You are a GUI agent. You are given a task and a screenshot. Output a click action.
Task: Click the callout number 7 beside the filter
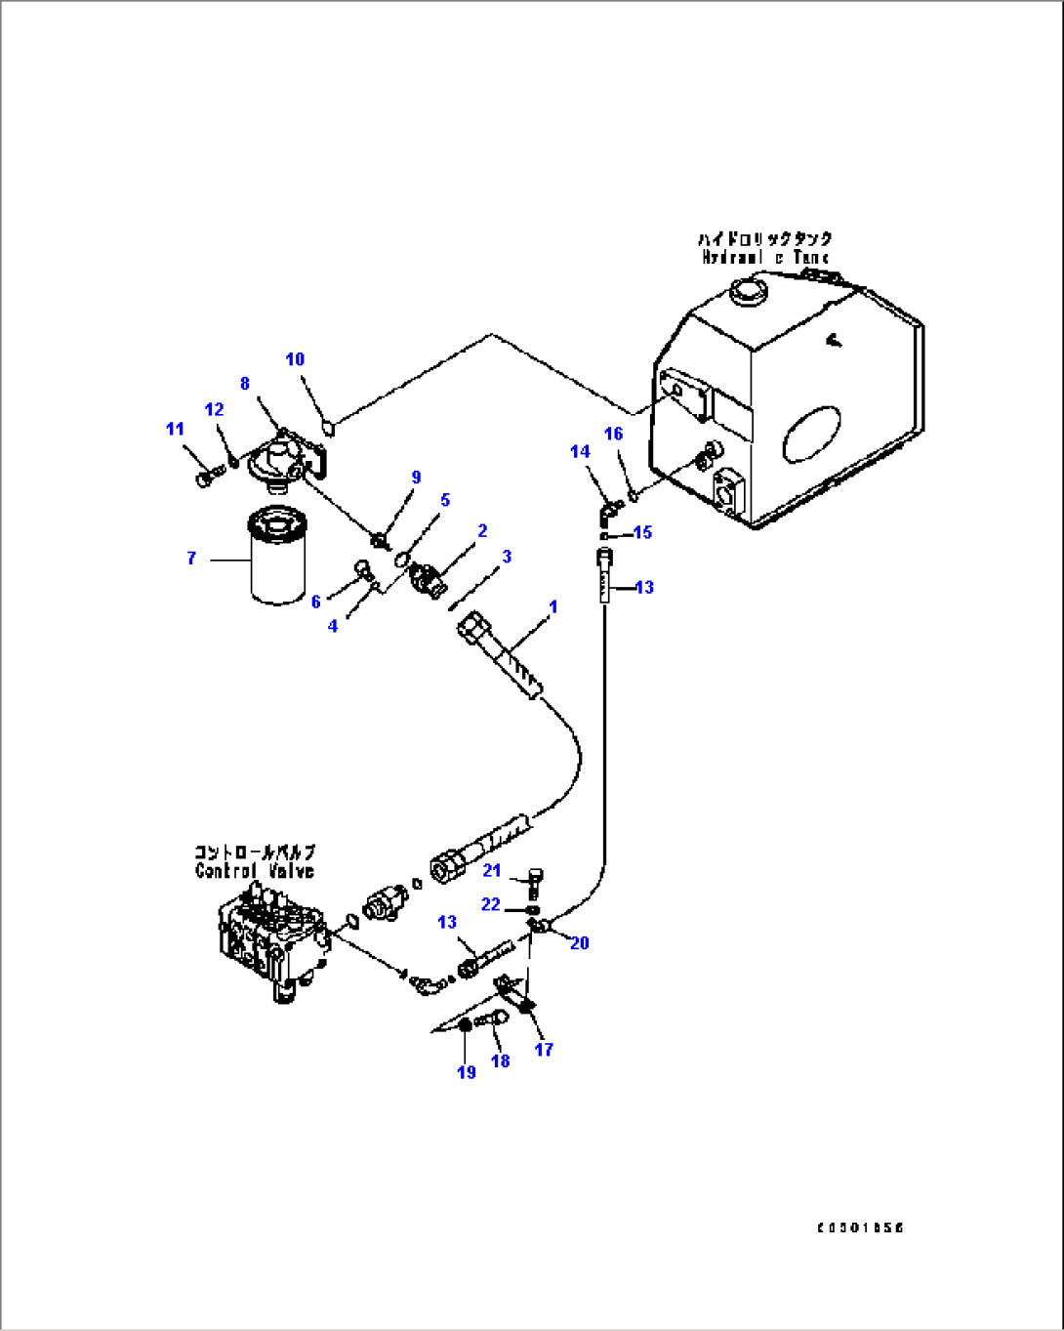(191, 558)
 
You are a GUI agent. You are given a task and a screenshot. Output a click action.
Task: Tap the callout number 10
(295, 359)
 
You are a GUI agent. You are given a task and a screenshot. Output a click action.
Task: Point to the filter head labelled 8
(286, 459)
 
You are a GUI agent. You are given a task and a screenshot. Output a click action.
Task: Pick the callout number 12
(214, 409)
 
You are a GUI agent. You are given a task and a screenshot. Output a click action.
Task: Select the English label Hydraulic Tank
(765, 258)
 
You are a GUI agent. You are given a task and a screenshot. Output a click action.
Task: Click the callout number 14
(580, 451)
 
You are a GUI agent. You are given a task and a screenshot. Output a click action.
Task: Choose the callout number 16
(613, 434)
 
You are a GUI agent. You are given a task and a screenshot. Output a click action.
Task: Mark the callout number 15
(642, 532)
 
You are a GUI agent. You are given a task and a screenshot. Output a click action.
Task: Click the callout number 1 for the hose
(552, 607)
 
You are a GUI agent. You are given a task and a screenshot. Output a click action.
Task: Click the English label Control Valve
(255, 871)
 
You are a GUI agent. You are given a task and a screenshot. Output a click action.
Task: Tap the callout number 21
(492, 870)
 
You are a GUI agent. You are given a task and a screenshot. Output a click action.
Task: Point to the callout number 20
(579, 942)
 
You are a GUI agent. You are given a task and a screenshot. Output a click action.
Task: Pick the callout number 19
(467, 1072)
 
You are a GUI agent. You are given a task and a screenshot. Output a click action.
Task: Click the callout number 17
(544, 1050)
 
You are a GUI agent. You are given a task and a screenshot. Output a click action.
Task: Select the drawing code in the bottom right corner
(860, 1227)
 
